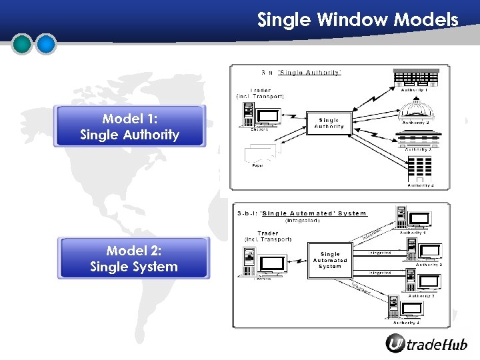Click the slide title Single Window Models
[358, 20]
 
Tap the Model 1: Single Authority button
[130, 127]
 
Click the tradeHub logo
[427, 343]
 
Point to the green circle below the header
[23, 44]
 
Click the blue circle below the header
[45, 44]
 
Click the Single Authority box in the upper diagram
[329, 123]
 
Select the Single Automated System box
[330, 260]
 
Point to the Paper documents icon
[259, 155]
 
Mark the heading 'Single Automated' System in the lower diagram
[313, 213]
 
